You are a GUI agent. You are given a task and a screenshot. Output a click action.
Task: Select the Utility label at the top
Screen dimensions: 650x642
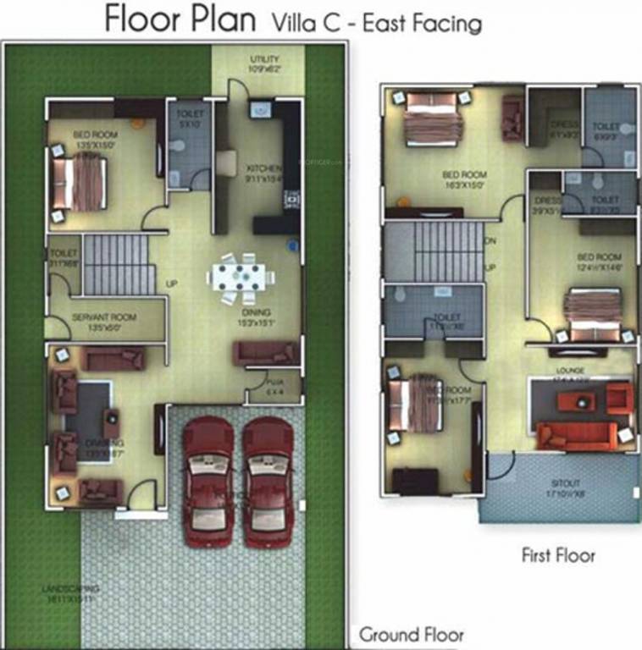click(x=264, y=59)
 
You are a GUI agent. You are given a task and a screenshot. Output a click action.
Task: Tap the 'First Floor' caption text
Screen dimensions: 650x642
click(x=557, y=555)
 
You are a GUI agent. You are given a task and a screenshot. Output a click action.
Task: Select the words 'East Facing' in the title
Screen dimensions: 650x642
click(x=421, y=23)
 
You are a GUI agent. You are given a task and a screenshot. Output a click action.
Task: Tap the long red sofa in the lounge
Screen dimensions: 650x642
click(x=576, y=436)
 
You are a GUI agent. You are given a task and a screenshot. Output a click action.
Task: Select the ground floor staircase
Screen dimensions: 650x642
click(x=119, y=264)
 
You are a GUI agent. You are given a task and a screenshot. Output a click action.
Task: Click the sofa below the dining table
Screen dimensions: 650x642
click(x=266, y=352)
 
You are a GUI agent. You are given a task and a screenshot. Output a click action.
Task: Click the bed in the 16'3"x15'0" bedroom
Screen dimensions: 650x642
click(x=432, y=122)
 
